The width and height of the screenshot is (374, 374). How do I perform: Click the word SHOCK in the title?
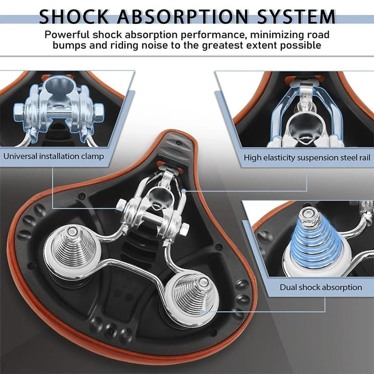(x=74, y=17)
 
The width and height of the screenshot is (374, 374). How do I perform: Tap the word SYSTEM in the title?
(x=296, y=17)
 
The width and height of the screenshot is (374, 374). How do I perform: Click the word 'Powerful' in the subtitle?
(x=67, y=35)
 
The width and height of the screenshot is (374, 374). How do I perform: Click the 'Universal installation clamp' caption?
(x=53, y=156)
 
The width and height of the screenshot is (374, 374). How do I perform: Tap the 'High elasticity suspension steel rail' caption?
(x=307, y=158)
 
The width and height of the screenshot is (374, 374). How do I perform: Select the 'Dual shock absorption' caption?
(x=321, y=287)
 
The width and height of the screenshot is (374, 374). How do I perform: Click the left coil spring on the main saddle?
(x=71, y=249)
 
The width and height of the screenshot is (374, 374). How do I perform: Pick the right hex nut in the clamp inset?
(x=98, y=111)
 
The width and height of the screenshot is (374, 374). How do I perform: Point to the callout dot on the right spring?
(x=202, y=311)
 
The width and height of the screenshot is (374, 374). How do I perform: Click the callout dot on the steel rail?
(x=183, y=191)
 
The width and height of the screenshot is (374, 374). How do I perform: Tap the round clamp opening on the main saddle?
(x=159, y=197)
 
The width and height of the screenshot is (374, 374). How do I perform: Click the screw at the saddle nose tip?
(x=178, y=143)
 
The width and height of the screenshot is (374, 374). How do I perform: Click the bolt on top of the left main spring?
(x=71, y=231)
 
